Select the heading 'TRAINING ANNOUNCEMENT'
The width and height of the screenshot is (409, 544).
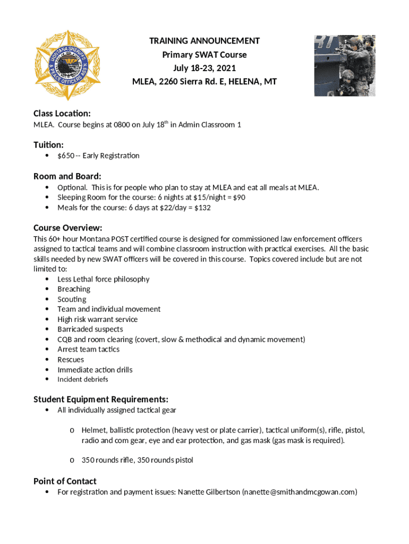[204, 41]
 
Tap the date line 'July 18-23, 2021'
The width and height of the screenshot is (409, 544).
[204, 69]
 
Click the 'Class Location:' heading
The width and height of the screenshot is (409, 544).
[62, 114]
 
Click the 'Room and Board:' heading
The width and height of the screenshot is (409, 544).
[67, 176]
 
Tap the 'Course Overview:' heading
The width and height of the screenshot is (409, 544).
[67, 228]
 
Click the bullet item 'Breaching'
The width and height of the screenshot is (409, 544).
[74, 289]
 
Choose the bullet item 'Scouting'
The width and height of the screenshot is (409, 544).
[72, 299]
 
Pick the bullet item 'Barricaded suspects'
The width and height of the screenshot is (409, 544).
[90, 329]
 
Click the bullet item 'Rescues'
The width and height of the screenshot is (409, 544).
[71, 360]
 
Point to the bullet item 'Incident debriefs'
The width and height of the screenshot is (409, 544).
[82, 379]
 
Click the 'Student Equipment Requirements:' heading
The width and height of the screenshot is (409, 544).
[101, 399]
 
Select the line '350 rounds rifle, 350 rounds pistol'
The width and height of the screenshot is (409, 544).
[137, 460]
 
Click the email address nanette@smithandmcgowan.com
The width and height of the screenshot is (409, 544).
[299, 492]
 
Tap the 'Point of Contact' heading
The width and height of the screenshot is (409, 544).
[65, 481]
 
